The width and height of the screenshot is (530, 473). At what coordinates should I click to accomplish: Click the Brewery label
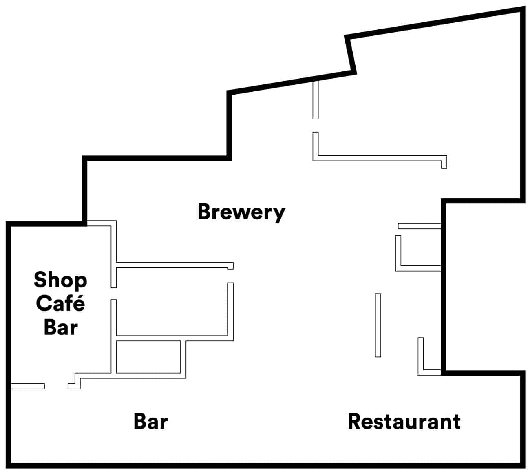point(241,212)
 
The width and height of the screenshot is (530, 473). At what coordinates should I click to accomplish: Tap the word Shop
point(60,281)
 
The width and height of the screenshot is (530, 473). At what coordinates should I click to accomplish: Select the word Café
point(60,303)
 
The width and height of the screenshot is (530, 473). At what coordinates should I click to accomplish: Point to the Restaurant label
point(404,422)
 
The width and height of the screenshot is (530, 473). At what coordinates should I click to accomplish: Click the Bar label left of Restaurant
point(151,421)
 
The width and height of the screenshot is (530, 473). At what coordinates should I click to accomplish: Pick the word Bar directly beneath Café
point(61,327)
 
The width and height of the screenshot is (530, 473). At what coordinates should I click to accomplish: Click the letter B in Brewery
point(204,212)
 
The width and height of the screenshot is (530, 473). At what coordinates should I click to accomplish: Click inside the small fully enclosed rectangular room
point(148,357)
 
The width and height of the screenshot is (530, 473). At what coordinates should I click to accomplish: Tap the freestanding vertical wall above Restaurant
point(378,325)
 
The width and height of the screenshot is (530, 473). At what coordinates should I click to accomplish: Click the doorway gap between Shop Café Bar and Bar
point(56,386)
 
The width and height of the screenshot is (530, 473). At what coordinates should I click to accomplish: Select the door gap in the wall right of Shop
point(113,294)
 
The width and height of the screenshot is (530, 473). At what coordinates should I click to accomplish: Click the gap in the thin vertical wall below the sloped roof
point(316,126)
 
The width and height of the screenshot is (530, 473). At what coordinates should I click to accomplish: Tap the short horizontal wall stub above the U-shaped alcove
point(420,226)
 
